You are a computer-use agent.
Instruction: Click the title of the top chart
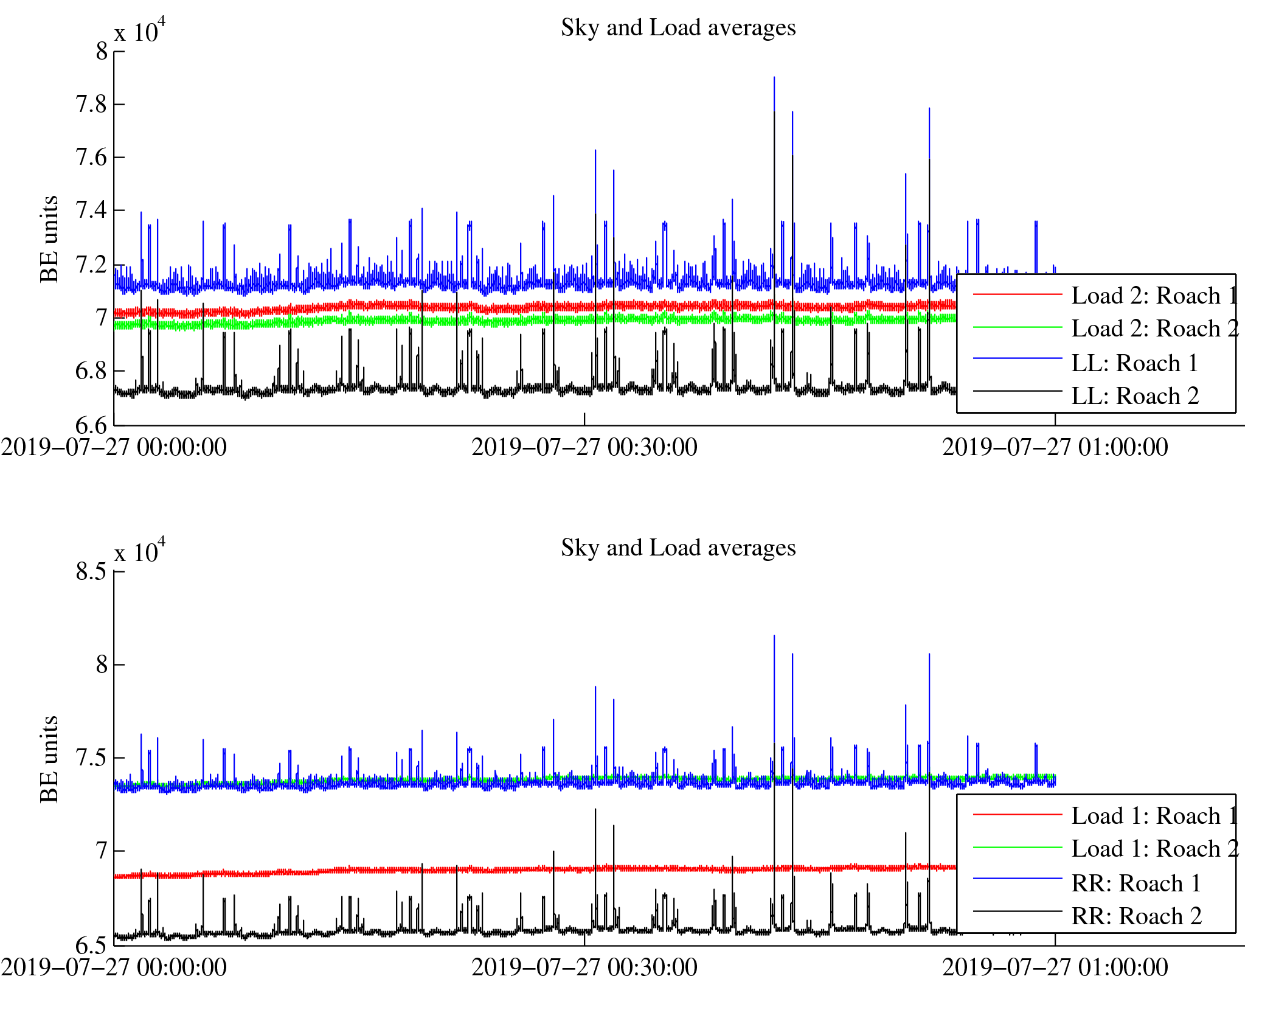678,28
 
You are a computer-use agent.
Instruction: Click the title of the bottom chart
678,548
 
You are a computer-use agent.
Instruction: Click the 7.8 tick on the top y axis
91,105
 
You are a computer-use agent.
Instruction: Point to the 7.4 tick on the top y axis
91,211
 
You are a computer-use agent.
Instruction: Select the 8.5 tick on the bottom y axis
91,572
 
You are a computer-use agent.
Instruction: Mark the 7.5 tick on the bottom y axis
91,758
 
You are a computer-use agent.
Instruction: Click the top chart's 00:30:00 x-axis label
584,448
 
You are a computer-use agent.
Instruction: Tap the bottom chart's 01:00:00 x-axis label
1055,968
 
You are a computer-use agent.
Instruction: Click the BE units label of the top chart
49,239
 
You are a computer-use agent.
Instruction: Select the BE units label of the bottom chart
49,759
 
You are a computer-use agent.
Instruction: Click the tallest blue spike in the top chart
774,79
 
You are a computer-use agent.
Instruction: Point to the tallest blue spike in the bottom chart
774,638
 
